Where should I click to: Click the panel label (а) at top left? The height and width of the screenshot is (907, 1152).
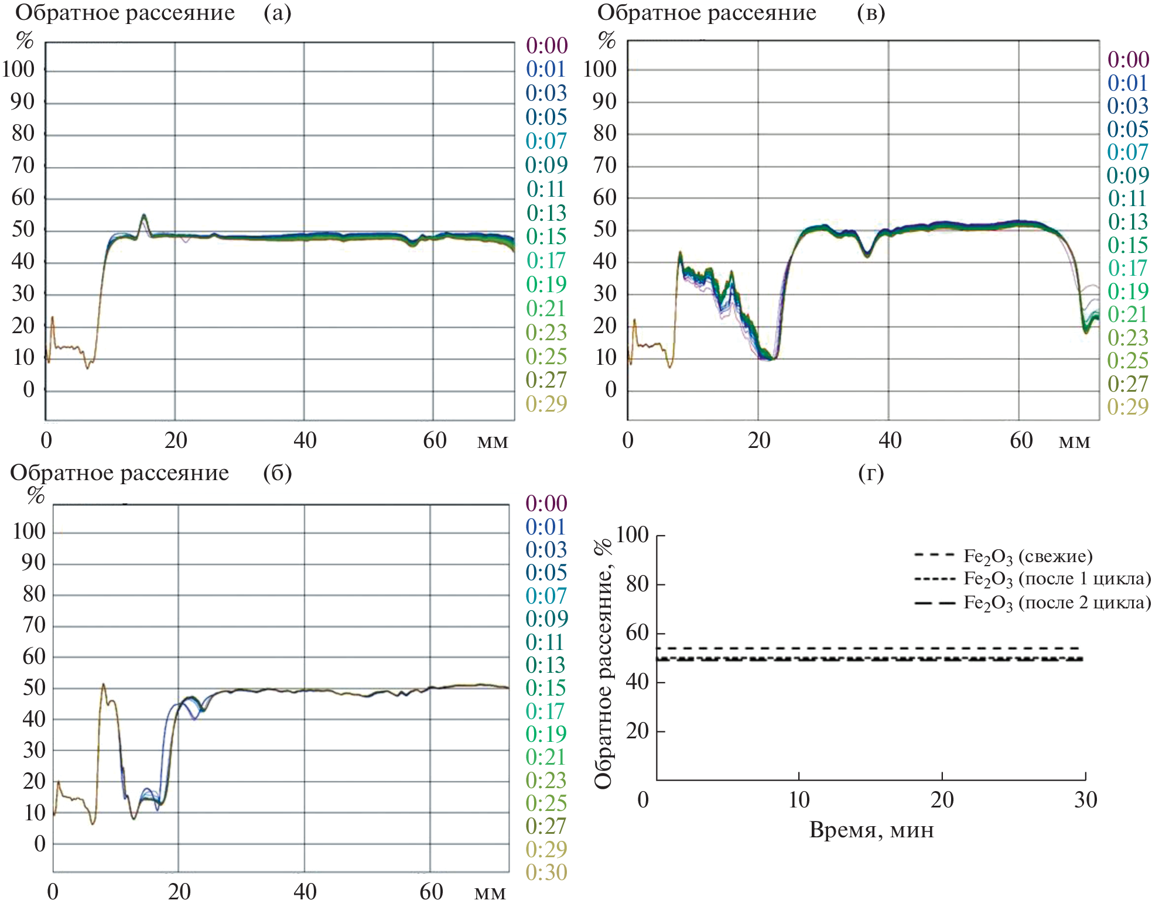pos(277,13)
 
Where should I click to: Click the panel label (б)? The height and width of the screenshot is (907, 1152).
pos(277,473)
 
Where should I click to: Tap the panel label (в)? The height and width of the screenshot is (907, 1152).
pos(870,13)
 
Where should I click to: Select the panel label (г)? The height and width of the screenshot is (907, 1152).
pos(870,473)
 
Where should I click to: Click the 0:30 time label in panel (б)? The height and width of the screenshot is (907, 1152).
pos(546,872)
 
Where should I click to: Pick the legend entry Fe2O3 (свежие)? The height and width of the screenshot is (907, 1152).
pos(1028,556)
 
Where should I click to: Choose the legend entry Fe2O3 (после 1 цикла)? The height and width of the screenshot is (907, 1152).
pos(1057,579)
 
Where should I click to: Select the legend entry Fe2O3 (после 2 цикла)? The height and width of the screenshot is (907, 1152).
pos(1057,603)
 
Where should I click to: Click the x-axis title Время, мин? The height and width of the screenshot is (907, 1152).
pos(871,830)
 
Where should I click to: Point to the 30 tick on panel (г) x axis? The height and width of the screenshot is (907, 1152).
pos(1085,799)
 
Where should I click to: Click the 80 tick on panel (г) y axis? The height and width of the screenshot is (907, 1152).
pos(637,584)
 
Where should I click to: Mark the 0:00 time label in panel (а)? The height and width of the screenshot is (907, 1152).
pos(546,45)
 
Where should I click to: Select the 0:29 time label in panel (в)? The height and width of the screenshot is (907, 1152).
pos(1127,406)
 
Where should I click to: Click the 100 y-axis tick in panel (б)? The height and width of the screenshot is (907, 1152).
pos(29,531)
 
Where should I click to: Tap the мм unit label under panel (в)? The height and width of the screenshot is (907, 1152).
pos(1074,441)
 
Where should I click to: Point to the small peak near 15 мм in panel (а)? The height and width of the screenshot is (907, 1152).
pos(143,216)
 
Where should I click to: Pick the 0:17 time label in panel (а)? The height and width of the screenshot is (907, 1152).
pos(546,260)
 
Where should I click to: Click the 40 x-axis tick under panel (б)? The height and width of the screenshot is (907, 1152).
pos(305,892)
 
